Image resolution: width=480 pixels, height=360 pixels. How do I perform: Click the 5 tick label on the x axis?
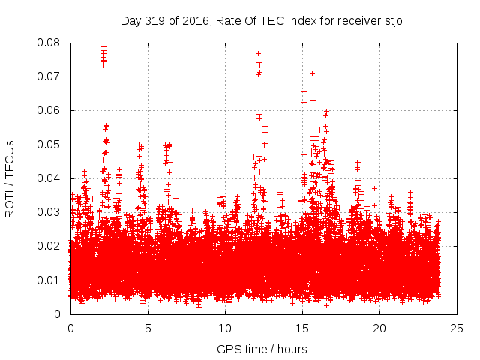[x=148, y=328]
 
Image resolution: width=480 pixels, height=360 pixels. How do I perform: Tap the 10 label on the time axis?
[x=225, y=328]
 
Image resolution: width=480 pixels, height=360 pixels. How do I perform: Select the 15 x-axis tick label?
[x=302, y=328]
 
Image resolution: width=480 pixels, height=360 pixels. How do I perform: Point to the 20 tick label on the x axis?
[x=380, y=328]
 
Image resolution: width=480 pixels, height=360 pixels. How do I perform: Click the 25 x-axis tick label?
[x=457, y=328]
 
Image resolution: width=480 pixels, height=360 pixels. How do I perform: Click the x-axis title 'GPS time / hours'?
[x=263, y=349]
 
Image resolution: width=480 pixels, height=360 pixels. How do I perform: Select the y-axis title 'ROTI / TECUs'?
[x=10, y=178]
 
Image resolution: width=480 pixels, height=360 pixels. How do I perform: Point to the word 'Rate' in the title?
[x=228, y=20]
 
